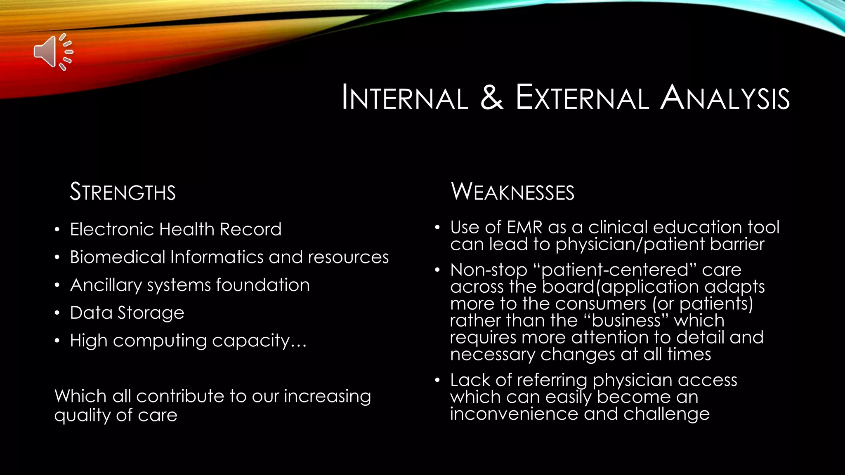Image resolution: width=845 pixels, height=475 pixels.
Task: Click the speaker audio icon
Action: [53, 52]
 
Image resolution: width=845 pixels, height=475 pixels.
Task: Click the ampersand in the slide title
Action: [492, 97]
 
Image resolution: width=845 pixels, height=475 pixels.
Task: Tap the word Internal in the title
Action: [405, 98]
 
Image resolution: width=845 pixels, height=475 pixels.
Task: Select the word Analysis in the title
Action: [725, 98]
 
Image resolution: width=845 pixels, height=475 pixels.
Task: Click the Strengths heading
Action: [123, 192]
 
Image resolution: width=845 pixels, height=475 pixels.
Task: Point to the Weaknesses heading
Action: [512, 192]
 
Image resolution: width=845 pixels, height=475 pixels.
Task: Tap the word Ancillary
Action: [106, 285]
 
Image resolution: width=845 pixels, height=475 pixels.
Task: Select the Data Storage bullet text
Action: [127, 313]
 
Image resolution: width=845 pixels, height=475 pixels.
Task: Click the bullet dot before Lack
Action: [437, 380]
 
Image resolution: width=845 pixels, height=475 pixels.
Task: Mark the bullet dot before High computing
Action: [57, 341]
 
